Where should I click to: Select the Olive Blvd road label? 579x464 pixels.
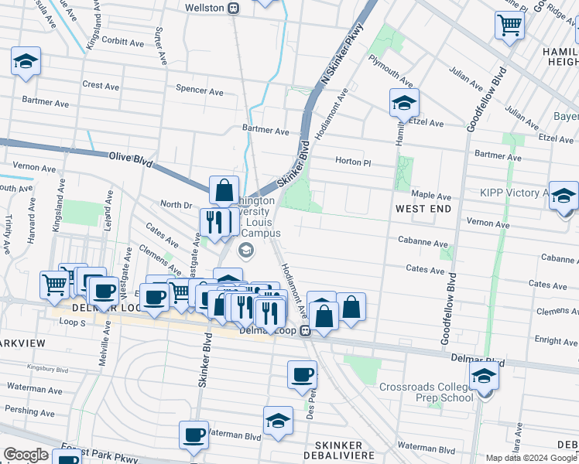pyautogui.click(x=131, y=160)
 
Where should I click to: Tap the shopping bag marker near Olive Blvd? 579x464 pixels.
pyautogui.click(x=224, y=189)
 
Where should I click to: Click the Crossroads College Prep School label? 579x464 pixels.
pyautogui.click(x=427, y=392)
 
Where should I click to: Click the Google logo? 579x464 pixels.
pyautogui.click(x=26, y=455)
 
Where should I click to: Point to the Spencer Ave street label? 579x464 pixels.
pyautogui.click(x=200, y=91)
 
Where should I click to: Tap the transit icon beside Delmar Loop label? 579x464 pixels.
pyautogui.click(x=306, y=331)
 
